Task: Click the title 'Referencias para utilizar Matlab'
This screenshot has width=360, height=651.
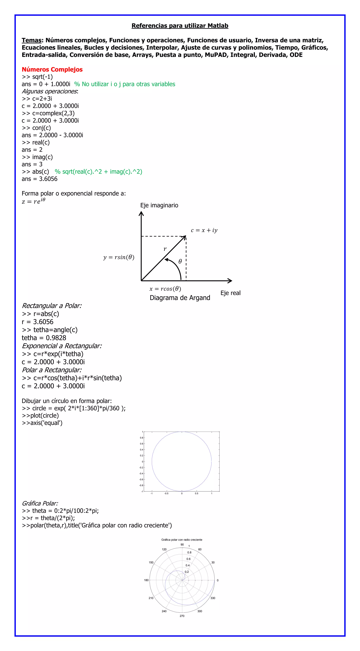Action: tap(180, 26)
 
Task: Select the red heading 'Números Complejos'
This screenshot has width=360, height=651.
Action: tap(52, 70)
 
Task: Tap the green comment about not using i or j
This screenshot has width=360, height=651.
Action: tap(125, 84)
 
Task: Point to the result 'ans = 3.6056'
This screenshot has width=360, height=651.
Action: tap(39, 179)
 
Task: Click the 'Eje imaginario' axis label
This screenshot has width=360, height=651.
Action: tap(159, 205)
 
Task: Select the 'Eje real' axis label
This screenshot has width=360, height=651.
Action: tap(230, 293)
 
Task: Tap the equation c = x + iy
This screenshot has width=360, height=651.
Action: tap(204, 230)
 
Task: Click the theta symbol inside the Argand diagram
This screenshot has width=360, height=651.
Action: tap(180, 262)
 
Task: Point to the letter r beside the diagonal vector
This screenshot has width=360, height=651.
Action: tap(165, 249)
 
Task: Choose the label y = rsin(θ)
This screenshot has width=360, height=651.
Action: tap(119, 257)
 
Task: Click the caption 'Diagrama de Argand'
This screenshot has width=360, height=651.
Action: tap(180, 298)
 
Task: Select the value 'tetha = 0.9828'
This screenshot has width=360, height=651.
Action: tap(44, 338)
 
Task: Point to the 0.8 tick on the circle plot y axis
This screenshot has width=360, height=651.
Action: tap(142, 438)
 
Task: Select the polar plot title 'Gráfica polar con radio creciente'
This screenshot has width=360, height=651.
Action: tap(182, 540)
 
